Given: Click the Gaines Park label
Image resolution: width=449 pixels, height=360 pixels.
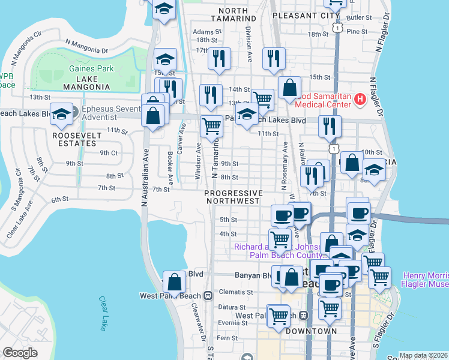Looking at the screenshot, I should [91, 68].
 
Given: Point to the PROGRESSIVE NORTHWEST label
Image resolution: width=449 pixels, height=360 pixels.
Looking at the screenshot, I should [234, 197].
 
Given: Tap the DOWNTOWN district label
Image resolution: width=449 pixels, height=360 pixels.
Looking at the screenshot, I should [311, 331].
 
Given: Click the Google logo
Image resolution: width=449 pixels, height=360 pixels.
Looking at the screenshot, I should [20, 353].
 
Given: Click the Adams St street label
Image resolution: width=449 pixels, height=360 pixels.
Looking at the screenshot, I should [203, 32].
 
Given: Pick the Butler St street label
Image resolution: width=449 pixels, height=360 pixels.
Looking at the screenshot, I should [364, 19].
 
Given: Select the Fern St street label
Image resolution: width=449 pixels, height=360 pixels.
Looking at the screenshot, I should [228, 338].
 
